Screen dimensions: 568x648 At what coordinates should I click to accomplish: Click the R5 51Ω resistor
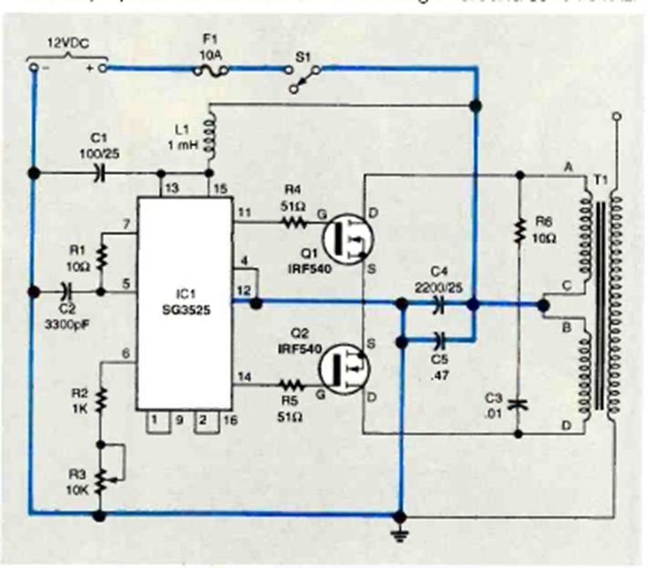coord(293,387)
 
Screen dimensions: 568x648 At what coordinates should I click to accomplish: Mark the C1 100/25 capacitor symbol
coord(102,170)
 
